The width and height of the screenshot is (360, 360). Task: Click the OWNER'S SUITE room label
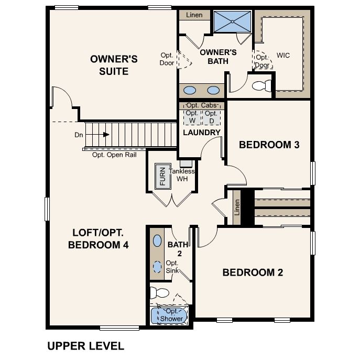pos(114,65)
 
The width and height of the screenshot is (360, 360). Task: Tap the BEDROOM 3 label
pos(269,145)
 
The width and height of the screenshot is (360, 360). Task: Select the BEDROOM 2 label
pos(253,272)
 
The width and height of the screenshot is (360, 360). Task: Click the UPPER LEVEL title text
pos(85,346)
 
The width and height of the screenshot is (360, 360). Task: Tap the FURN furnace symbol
pos(162,177)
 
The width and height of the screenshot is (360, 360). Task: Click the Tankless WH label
pos(185,175)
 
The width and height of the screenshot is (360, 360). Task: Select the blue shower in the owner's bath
pos(233,21)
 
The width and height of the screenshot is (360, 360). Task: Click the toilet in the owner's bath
pos(260,85)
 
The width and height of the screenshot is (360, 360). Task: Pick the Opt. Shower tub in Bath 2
pos(168,316)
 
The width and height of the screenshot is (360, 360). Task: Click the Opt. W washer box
pos(192,116)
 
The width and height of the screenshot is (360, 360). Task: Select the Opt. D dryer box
pos(211,116)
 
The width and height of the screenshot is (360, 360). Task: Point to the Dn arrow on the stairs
pos(105,135)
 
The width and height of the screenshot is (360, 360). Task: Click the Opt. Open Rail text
pos(115,155)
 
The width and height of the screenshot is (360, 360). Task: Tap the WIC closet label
pos(283,55)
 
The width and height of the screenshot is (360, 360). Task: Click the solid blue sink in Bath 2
pos(157,242)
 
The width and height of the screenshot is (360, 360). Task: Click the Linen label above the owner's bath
pos(194,15)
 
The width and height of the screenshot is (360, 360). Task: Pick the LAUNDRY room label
pos(201,133)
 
